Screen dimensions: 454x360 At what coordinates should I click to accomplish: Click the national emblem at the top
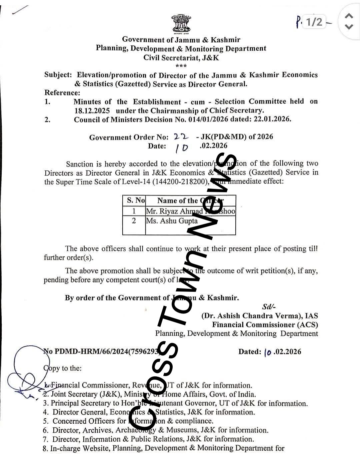click(181, 24)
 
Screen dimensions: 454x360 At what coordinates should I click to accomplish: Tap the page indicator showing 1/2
click(314, 22)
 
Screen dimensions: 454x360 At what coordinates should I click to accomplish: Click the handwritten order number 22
click(181, 137)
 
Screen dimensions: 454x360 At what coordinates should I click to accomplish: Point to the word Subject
click(58, 75)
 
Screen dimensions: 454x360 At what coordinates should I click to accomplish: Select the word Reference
click(62, 93)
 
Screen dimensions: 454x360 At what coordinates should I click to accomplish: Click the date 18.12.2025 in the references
click(92, 111)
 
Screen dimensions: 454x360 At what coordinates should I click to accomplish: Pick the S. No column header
click(136, 201)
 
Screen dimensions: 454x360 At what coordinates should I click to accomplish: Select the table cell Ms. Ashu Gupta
click(172, 221)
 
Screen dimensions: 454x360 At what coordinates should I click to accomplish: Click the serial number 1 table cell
click(134, 211)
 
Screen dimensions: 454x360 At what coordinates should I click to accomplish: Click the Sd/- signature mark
click(269, 307)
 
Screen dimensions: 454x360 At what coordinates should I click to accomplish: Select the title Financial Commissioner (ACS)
click(265, 324)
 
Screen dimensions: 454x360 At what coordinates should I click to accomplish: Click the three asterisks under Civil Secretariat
click(181, 66)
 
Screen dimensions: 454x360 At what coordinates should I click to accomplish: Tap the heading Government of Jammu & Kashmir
click(181, 40)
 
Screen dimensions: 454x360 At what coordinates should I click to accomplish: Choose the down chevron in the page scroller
click(349, 27)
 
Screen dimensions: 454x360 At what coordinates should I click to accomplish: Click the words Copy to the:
click(62, 368)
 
